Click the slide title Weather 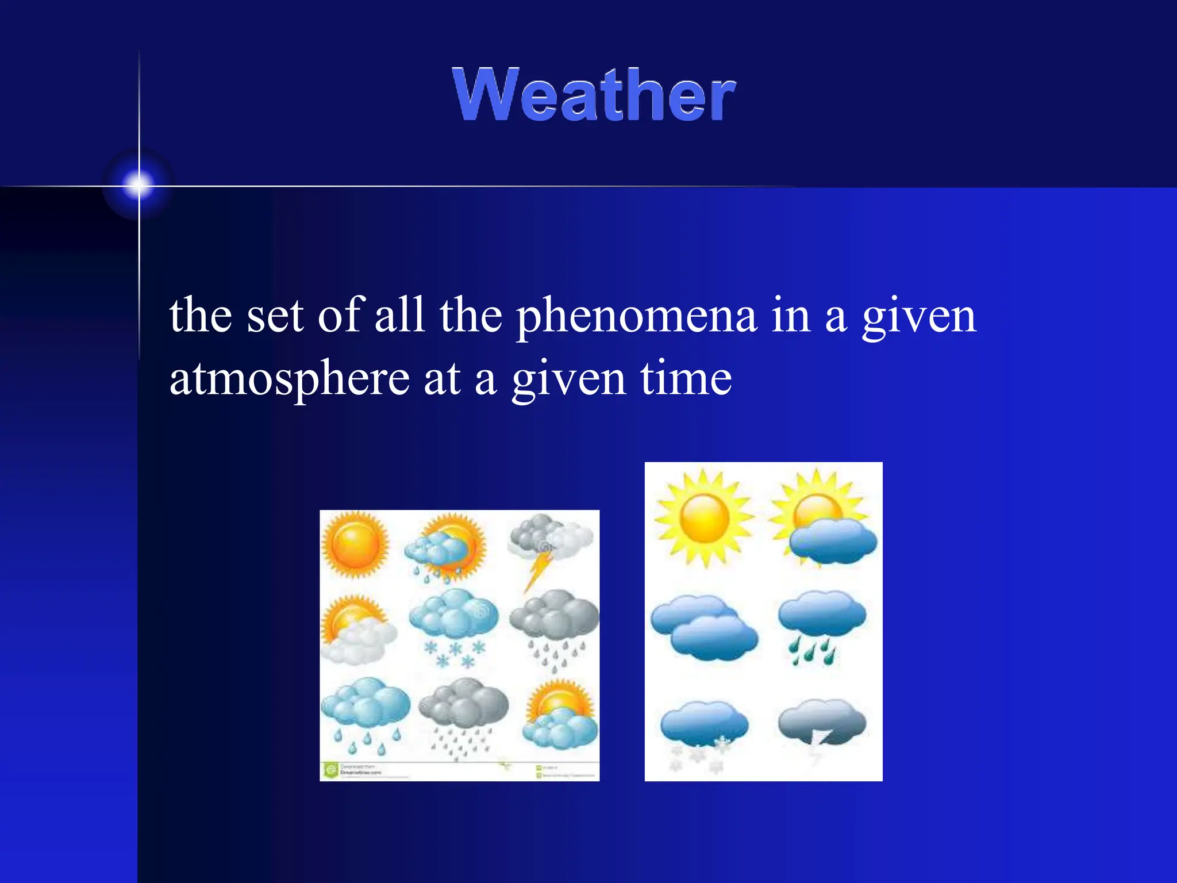(593, 95)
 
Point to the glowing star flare (139, 185)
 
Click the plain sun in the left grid (355, 543)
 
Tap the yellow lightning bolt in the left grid (537, 569)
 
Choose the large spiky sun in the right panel (704, 517)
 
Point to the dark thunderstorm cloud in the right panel (822, 724)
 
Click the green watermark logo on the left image (330, 769)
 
